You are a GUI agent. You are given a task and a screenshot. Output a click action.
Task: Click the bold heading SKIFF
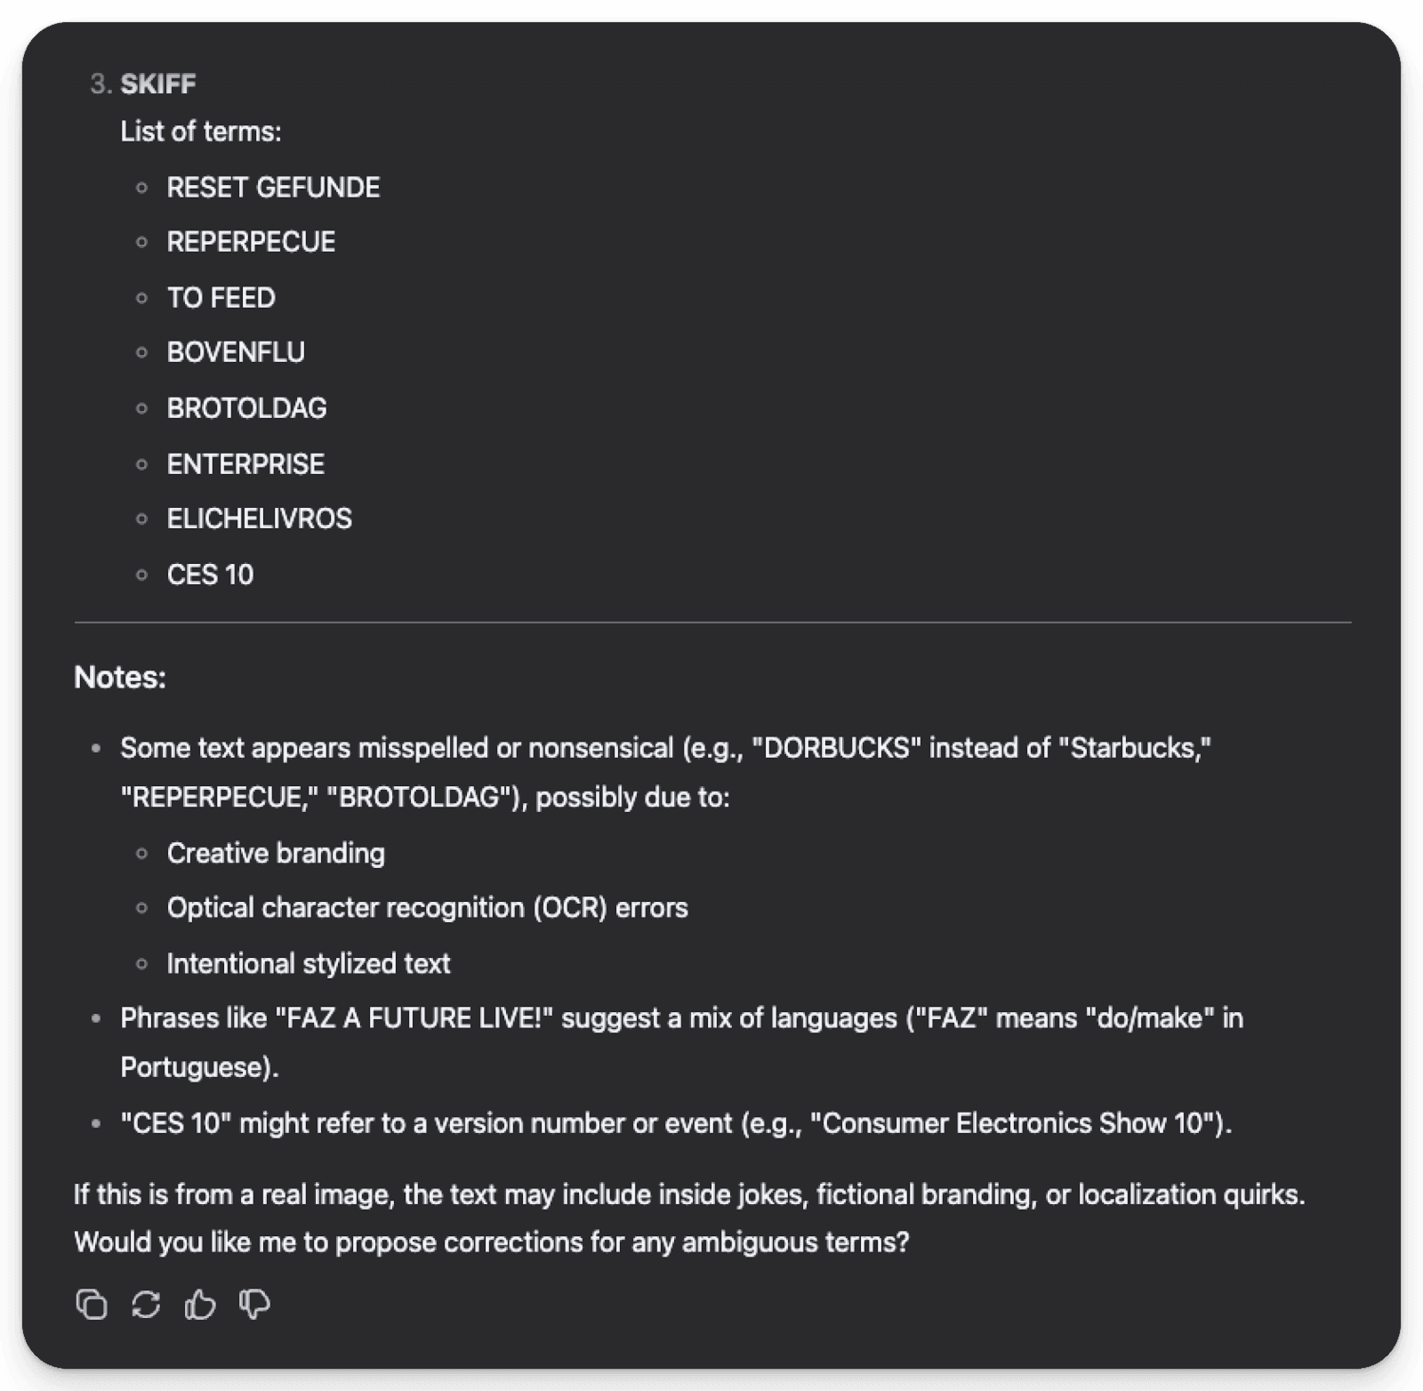[157, 84]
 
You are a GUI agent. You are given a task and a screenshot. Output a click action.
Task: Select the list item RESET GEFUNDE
[273, 187]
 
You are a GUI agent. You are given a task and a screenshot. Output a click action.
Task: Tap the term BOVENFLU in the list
[236, 352]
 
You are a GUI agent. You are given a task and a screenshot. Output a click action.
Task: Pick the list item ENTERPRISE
[245, 463]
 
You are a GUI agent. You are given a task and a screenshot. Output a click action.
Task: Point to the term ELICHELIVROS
[259, 519]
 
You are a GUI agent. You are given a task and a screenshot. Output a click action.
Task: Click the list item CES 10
[210, 575]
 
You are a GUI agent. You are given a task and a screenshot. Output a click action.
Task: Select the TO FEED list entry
[221, 297]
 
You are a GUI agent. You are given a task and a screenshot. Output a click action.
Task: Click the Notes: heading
[120, 677]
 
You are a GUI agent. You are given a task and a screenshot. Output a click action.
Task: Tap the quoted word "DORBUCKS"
[836, 748]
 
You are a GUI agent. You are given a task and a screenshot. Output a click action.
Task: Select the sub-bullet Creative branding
[276, 853]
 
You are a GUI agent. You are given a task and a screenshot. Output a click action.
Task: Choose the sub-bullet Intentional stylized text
[308, 963]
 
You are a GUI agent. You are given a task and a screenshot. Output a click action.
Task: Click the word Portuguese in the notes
[195, 1066]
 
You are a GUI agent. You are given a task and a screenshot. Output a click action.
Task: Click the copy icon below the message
[92, 1305]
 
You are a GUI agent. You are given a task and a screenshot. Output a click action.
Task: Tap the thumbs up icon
[200, 1305]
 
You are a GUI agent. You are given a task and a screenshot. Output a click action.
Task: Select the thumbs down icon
[254, 1305]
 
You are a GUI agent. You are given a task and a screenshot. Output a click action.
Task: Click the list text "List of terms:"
[201, 132]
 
